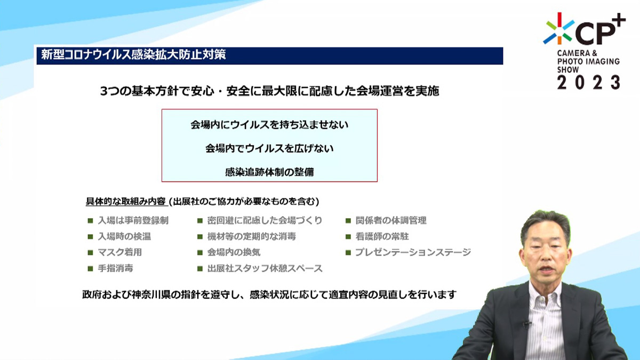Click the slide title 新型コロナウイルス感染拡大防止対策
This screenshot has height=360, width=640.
pyautogui.click(x=133, y=54)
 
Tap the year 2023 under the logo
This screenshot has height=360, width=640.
pyautogui.click(x=589, y=83)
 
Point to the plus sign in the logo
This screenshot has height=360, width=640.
pyautogui.click(x=617, y=20)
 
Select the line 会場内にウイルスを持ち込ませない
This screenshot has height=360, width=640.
pyautogui.click(x=269, y=125)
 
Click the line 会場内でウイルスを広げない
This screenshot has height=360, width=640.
pyautogui.click(x=269, y=149)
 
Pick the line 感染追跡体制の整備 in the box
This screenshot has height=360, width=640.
pyautogui.click(x=269, y=172)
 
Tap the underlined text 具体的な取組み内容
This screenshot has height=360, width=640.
pyautogui.click(x=126, y=202)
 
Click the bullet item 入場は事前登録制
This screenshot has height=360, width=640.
pyautogui.click(x=133, y=221)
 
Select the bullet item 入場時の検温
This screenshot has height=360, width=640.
pyautogui.click(x=124, y=237)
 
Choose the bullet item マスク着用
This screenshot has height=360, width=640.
pyautogui.click(x=119, y=252)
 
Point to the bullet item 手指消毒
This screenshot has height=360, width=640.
pyautogui.click(x=115, y=268)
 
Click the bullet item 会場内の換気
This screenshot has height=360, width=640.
pyautogui.click(x=234, y=252)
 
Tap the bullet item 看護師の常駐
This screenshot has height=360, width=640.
pyautogui.click(x=382, y=237)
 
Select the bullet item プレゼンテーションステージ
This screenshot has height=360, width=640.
pyautogui.click(x=413, y=252)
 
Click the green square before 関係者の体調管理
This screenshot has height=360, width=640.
pyautogui.click(x=348, y=221)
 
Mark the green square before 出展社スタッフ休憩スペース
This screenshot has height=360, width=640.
pyautogui.click(x=200, y=269)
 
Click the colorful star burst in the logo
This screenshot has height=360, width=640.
pyautogui.click(x=559, y=29)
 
